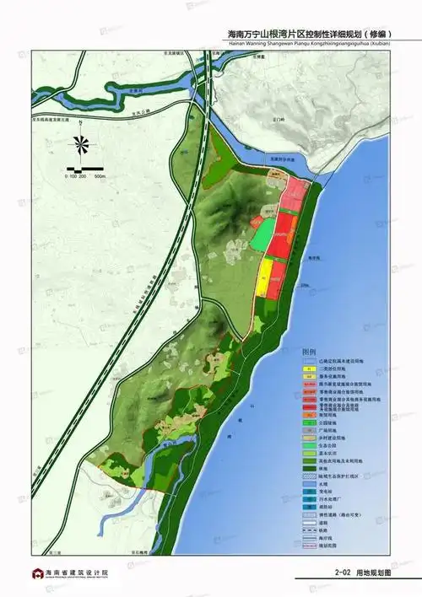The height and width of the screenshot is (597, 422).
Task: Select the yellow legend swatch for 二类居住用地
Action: point(310,369)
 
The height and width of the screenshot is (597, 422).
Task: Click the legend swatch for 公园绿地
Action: point(310,423)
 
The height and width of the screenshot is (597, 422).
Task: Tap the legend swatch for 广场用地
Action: point(310,431)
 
